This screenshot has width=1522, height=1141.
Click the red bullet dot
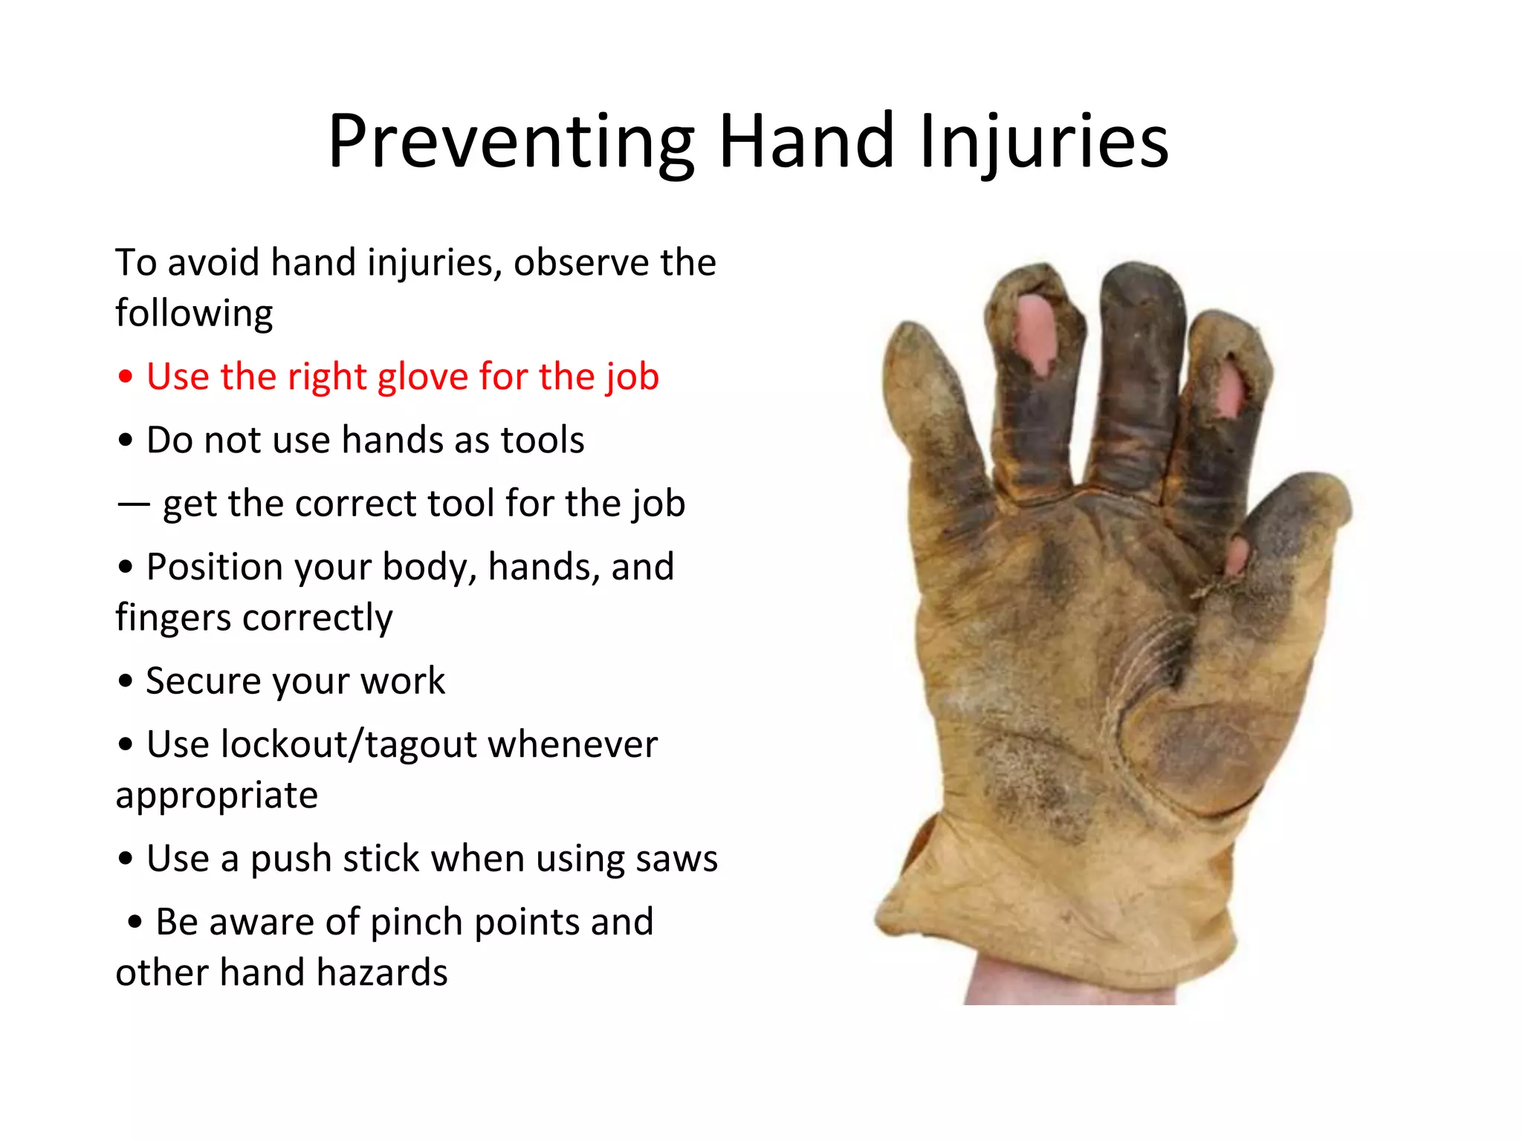(x=126, y=377)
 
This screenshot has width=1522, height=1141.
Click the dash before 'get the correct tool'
(x=133, y=504)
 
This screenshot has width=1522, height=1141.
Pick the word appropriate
(x=216, y=796)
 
